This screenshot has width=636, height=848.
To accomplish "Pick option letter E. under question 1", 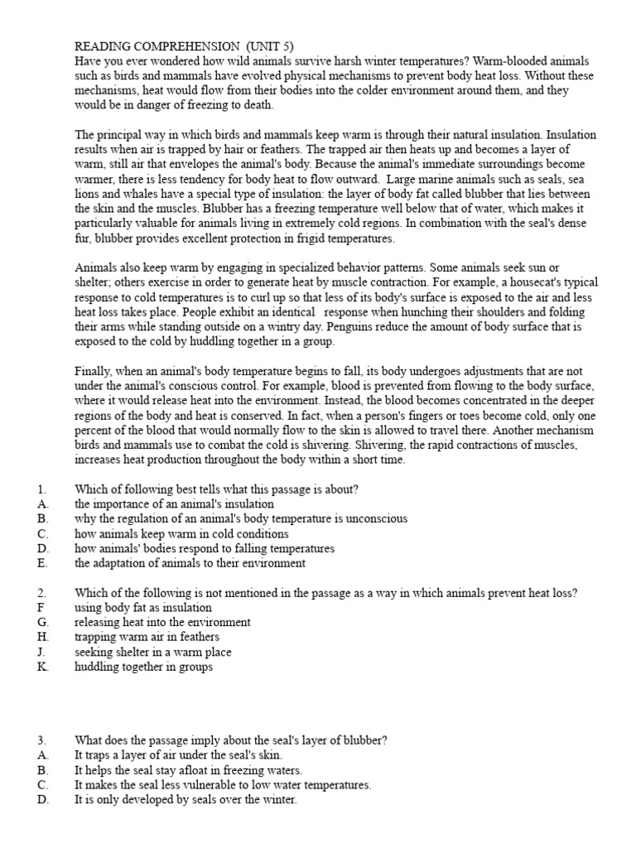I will pyautogui.click(x=42, y=564).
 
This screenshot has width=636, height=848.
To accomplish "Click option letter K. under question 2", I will pyautogui.click(x=43, y=667).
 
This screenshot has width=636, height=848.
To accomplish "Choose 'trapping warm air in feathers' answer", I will pyautogui.click(x=147, y=637).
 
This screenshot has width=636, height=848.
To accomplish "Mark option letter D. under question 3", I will pyautogui.click(x=43, y=800).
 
